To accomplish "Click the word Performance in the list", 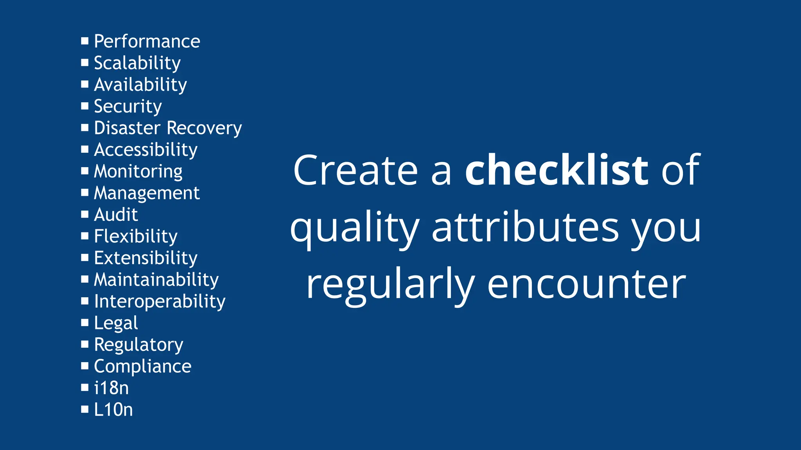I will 147,41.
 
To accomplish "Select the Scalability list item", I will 137,63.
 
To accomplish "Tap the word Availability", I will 140,85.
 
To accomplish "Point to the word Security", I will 128,107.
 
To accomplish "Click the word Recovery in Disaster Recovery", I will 204,128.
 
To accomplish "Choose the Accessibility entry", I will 145,150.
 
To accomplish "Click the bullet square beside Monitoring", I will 85,171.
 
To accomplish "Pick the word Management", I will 147,193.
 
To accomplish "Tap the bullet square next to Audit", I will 85,214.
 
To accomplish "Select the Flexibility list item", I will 135,236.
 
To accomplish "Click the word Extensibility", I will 145,258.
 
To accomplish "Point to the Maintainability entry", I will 156,280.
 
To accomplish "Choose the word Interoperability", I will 160,302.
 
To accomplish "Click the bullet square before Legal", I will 85,322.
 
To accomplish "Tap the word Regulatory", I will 138,345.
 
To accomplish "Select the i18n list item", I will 111,388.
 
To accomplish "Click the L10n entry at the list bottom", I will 113,410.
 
